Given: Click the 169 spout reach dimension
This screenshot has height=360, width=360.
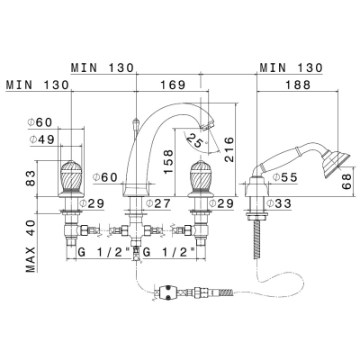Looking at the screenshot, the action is click(174, 85).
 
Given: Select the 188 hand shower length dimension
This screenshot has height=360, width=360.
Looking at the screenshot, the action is click(297, 85).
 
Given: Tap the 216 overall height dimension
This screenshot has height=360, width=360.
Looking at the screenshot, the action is click(229, 149).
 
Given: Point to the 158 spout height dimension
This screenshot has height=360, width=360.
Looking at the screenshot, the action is click(168, 162).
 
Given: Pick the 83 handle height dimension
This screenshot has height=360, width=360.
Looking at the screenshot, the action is click(31, 178).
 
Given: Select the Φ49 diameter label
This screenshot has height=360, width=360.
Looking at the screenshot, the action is click(42, 139).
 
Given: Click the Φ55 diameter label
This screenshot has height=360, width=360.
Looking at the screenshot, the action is click(284, 177).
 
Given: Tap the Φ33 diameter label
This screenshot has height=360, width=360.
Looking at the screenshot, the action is click(279, 203).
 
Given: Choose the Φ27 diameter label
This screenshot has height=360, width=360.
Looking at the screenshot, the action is click(157, 203).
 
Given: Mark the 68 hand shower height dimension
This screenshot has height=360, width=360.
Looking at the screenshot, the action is click(346, 182).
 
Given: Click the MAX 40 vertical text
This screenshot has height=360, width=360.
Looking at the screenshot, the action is click(31, 246).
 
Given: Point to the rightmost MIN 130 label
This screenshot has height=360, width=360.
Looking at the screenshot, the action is click(291, 67).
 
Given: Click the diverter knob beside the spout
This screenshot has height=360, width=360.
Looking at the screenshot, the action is click(136, 123).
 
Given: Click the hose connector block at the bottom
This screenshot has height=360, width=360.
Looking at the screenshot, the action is click(168, 292).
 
